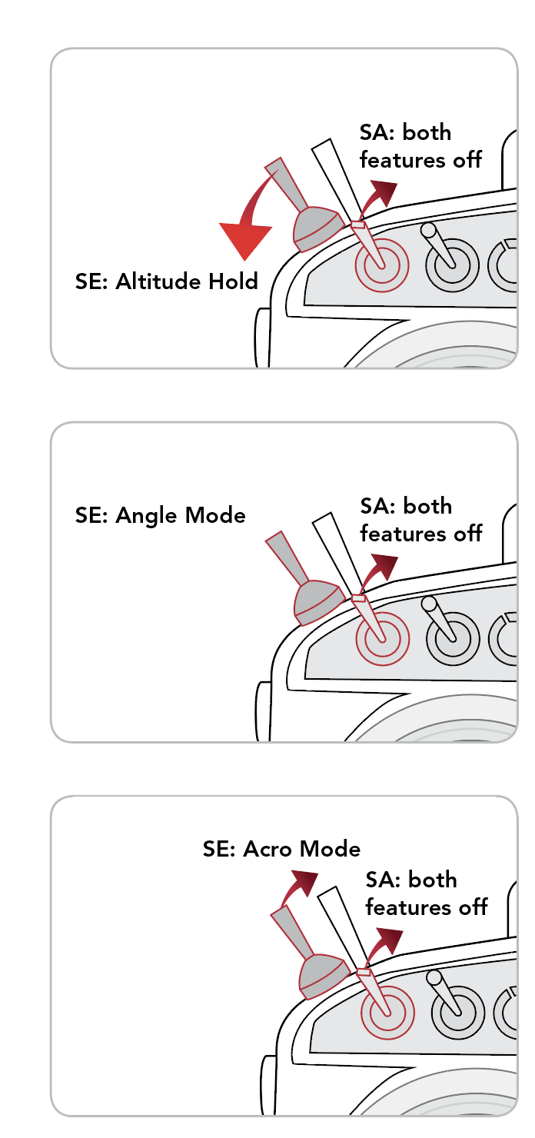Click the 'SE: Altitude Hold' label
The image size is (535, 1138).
(166, 281)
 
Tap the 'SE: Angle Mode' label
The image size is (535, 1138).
(160, 515)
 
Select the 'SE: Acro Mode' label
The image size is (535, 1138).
(281, 849)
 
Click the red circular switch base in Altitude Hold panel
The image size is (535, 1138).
(381, 265)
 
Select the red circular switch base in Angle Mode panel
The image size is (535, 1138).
(382, 639)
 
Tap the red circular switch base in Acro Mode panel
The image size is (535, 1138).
(387, 1013)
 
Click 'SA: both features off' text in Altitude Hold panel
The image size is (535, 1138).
(420, 146)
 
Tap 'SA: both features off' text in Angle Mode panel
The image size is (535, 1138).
(420, 520)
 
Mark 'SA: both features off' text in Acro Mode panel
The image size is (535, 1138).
(427, 893)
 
